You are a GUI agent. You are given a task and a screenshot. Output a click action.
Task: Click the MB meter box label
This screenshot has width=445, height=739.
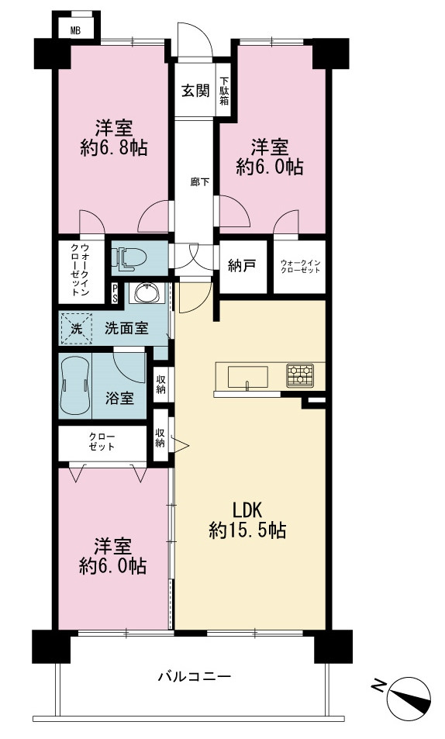(75, 32)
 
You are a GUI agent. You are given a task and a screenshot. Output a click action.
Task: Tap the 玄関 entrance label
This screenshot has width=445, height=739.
(195, 90)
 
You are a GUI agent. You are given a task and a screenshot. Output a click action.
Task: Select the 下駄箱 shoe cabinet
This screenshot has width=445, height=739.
(224, 90)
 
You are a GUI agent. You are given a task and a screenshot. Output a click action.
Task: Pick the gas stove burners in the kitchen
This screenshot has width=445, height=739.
(300, 375)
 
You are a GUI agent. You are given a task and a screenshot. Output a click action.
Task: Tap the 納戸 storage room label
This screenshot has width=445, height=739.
(242, 266)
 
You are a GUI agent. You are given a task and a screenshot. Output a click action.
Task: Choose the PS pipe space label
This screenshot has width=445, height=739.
(115, 293)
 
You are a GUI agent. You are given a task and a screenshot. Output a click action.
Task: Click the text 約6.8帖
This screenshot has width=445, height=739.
(114, 148)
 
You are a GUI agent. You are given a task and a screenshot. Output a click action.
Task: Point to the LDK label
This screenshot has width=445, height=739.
(247, 510)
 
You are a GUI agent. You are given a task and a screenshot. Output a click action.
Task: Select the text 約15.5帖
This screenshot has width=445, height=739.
(247, 531)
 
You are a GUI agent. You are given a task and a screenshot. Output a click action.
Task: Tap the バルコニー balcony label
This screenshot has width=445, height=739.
(195, 677)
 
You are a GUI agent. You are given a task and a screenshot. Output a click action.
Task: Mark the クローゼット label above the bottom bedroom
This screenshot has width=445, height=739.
(102, 441)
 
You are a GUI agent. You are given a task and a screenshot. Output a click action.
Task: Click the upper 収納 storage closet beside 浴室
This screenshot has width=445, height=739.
(160, 383)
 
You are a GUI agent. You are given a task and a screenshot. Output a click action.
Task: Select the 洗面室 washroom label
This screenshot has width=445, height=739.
(126, 328)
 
